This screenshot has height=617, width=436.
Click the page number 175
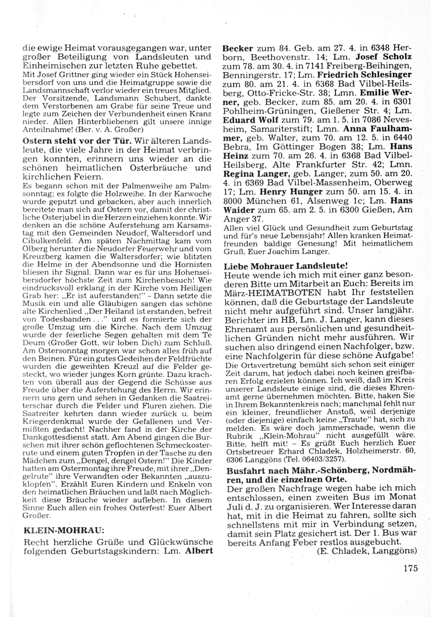click(410, 568)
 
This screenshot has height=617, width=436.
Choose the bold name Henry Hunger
click(291, 191)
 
